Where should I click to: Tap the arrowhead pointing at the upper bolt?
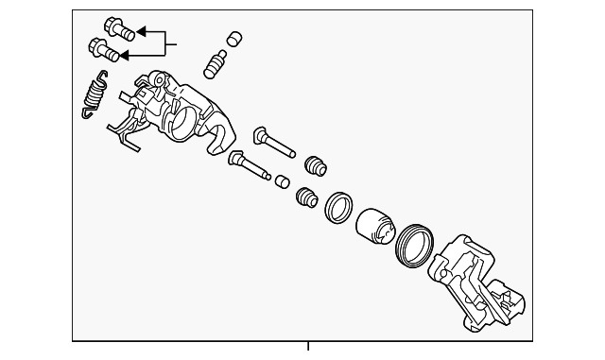pyautogui.click(x=141, y=31)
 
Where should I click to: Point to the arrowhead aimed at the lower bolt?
pyautogui.click(x=123, y=56)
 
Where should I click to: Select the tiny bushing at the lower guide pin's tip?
pyautogui.click(x=280, y=180)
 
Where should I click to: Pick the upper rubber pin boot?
pyautogui.click(x=315, y=165)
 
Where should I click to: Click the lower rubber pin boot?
pyautogui.click(x=305, y=199)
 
